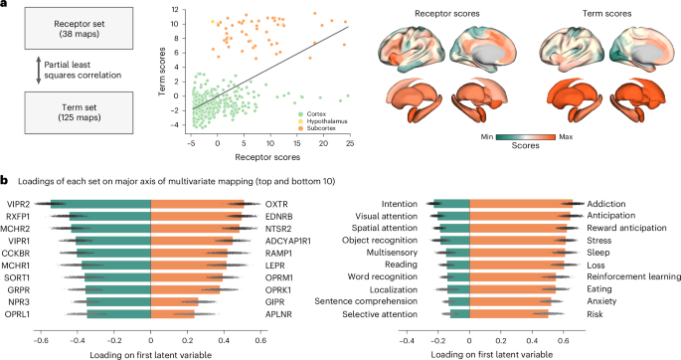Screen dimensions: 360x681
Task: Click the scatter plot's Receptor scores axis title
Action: pos(267,155)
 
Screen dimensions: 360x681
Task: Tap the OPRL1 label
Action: pos(20,313)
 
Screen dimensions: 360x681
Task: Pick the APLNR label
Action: pos(278,313)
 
